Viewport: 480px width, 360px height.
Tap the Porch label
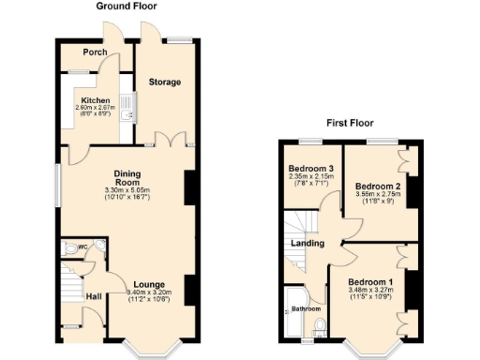coord(94,52)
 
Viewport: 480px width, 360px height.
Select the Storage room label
coord(165,82)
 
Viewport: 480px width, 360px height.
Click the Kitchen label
coord(95,100)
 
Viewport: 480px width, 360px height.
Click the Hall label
coord(94,297)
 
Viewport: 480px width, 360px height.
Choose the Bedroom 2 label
coord(378,187)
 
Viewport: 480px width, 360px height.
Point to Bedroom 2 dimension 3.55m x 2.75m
coord(378,195)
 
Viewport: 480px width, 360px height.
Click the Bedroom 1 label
coord(370,281)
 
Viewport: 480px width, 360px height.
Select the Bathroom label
coord(303,307)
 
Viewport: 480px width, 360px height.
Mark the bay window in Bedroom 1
coord(367,349)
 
